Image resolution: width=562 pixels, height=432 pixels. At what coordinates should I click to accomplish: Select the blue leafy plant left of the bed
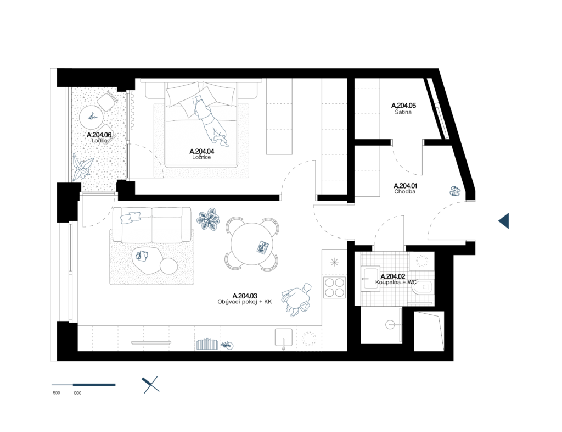[x=82, y=167]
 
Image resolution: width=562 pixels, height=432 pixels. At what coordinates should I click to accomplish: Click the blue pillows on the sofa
[x=130, y=218]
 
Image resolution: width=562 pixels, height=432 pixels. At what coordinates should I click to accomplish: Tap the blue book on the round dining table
[x=263, y=247]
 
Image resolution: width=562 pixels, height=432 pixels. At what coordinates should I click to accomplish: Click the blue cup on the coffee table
[x=142, y=256]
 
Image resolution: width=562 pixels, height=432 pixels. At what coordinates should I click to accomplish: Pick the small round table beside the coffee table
[x=169, y=267]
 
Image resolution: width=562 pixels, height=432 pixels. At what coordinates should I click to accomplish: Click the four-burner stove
[x=334, y=287]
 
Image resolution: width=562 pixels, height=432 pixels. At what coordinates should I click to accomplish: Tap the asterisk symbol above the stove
[x=334, y=262]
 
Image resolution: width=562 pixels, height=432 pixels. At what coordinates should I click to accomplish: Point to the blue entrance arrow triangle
[x=504, y=221]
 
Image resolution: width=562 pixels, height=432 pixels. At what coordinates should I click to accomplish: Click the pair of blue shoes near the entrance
[x=455, y=191]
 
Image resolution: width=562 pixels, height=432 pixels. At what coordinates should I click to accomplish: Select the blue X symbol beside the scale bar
[x=150, y=385]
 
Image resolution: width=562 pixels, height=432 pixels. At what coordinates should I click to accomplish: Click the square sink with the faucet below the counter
[x=283, y=337]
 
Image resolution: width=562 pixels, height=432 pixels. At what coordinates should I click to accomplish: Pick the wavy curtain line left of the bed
[x=132, y=110]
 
